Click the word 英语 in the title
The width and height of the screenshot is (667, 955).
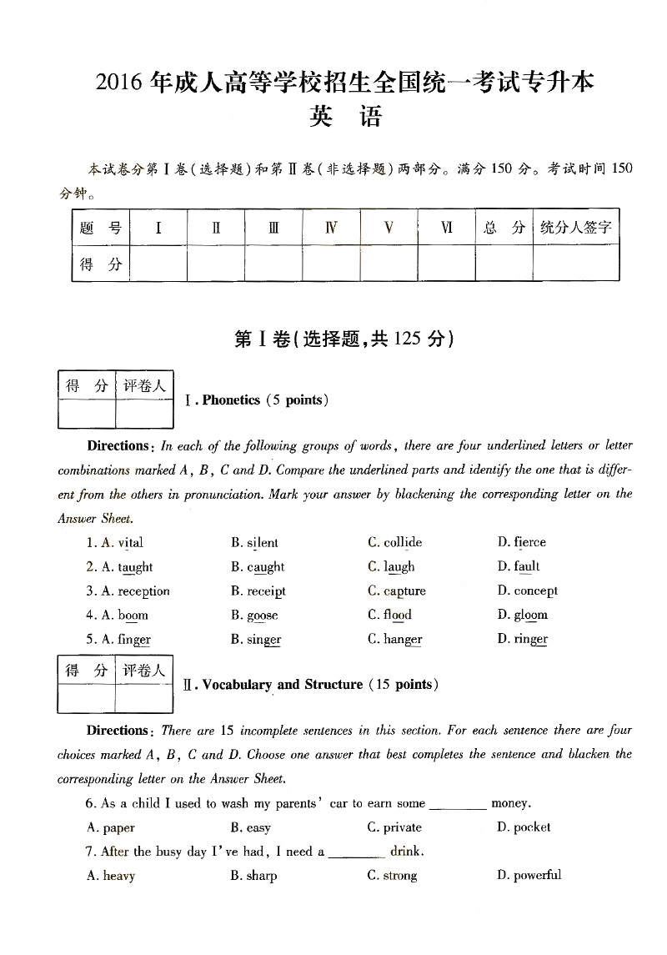(344, 117)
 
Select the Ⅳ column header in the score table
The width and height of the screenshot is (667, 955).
(331, 228)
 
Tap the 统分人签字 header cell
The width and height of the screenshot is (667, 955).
(575, 228)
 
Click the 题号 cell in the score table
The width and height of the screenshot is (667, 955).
(100, 228)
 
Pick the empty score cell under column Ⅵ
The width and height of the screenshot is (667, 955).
(446, 264)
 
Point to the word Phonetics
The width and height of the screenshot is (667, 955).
(231, 400)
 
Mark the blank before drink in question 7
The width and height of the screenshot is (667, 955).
(358, 853)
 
